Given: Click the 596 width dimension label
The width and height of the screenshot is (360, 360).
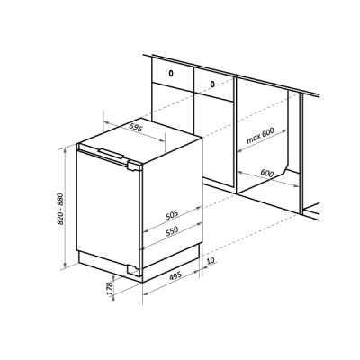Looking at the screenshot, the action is [x=135, y=128].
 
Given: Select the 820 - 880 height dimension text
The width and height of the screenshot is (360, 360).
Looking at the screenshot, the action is [x=60, y=209].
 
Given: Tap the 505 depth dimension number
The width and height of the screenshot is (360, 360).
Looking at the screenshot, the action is [x=172, y=215].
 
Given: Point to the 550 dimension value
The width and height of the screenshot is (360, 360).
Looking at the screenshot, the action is [x=172, y=231].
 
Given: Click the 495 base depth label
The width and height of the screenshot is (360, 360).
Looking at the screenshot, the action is [x=175, y=275].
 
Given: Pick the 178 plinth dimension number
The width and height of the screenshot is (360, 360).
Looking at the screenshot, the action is [x=110, y=288].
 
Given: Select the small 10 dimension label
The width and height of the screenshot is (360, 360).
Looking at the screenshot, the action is [x=211, y=260].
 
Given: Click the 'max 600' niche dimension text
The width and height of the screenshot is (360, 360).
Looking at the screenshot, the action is [x=260, y=136].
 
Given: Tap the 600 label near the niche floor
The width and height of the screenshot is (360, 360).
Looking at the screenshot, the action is [x=267, y=173].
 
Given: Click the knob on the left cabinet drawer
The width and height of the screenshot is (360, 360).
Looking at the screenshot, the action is [x=171, y=73].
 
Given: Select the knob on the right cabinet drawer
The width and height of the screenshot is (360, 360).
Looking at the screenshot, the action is [x=212, y=85].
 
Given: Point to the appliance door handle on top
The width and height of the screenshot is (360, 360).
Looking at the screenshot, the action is [x=111, y=153].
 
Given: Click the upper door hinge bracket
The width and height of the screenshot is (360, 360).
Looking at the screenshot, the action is [x=134, y=166].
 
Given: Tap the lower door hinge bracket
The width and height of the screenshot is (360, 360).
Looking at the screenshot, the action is [x=134, y=268].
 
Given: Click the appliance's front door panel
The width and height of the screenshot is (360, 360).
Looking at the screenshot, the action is [x=107, y=210].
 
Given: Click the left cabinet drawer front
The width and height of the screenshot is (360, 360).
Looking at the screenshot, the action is [x=173, y=74].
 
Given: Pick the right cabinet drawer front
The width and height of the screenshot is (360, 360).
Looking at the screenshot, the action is [x=213, y=85].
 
